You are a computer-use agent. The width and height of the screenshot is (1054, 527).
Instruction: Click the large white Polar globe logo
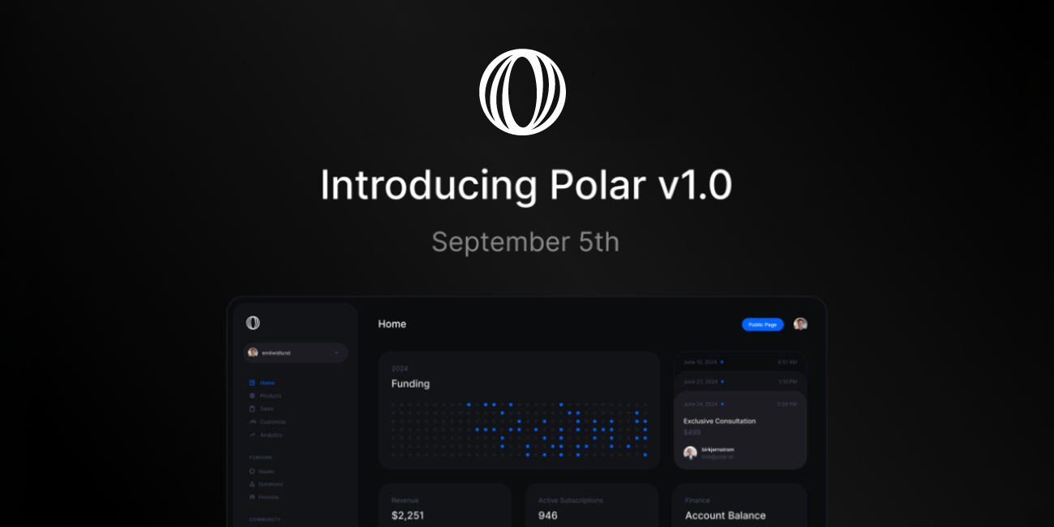tap(522, 92)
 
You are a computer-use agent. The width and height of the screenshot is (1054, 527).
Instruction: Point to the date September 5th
tap(525, 242)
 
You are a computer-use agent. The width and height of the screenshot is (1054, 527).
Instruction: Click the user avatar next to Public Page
tap(800, 324)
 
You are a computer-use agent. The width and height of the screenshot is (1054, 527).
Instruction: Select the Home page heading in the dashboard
tap(392, 324)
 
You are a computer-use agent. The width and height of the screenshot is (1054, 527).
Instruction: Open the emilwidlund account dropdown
tap(296, 353)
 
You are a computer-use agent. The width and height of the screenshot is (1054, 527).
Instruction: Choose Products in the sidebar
tap(270, 396)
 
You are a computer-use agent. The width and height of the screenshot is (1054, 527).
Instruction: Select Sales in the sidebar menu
tap(267, 409)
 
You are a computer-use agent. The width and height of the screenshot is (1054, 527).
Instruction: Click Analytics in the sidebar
tap(271, 435)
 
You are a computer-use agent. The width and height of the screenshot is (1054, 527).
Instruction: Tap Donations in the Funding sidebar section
tap(271, 484)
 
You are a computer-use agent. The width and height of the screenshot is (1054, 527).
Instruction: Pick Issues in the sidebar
tap(266, 471)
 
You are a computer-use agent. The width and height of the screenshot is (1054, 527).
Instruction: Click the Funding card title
tap(410, 383)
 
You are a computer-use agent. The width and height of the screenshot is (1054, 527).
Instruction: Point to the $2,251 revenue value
tap(408, 515)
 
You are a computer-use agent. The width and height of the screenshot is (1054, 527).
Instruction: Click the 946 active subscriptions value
tap(548, 515)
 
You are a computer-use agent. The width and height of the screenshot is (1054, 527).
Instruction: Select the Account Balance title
tap(725, 515)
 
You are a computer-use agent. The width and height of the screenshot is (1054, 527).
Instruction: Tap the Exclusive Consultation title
tap(719, 421)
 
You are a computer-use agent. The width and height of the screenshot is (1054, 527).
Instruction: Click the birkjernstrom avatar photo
tap(690, 452)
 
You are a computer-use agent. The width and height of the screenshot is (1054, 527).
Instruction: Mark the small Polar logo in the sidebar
tap(253, 323)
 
